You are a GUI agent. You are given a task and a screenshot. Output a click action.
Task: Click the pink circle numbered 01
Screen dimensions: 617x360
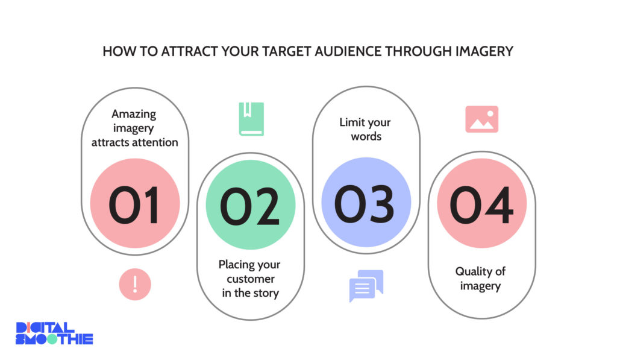(x=135, y=203)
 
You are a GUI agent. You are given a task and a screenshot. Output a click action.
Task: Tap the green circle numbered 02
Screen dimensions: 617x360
(x=251, y=204)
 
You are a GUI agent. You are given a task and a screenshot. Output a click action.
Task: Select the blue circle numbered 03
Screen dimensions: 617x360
(x=366, y=202)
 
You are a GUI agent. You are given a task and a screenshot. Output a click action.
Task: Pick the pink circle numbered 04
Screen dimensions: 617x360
(x=482, y=203)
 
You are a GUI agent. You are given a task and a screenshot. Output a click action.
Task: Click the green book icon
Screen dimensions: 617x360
(x=251, y=119)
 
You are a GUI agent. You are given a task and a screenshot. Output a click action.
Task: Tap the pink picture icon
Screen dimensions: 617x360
(x=482, y=119)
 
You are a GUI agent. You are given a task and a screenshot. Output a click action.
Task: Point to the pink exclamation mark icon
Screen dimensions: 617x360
(x=135, y=285)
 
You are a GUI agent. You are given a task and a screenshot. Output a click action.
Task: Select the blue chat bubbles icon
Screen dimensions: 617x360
(x=366, y=286)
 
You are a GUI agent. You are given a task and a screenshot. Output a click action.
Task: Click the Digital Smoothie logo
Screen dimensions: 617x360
(x=54, y=333)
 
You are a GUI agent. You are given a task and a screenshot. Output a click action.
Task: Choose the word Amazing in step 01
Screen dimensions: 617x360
(x=134, y=114)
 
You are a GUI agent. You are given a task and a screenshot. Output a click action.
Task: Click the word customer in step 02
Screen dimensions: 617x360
(x=251, y=279)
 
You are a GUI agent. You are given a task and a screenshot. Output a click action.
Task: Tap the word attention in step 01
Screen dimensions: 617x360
(x=156, y=142)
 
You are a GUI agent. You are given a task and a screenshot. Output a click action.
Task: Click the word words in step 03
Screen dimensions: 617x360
(x=366, y=136)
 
